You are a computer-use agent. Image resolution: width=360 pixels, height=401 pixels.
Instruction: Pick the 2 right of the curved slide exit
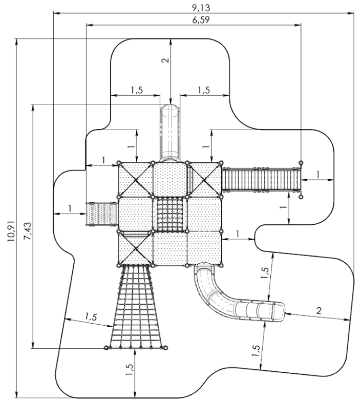click(x=319, y=310)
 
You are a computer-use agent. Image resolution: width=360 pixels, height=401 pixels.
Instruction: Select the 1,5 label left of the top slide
click(x=136, y=90)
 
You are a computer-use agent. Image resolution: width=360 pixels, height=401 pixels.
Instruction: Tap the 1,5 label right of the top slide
click(x=203, y=90)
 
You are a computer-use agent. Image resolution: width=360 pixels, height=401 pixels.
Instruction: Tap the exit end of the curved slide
click(x=277, y=311)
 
